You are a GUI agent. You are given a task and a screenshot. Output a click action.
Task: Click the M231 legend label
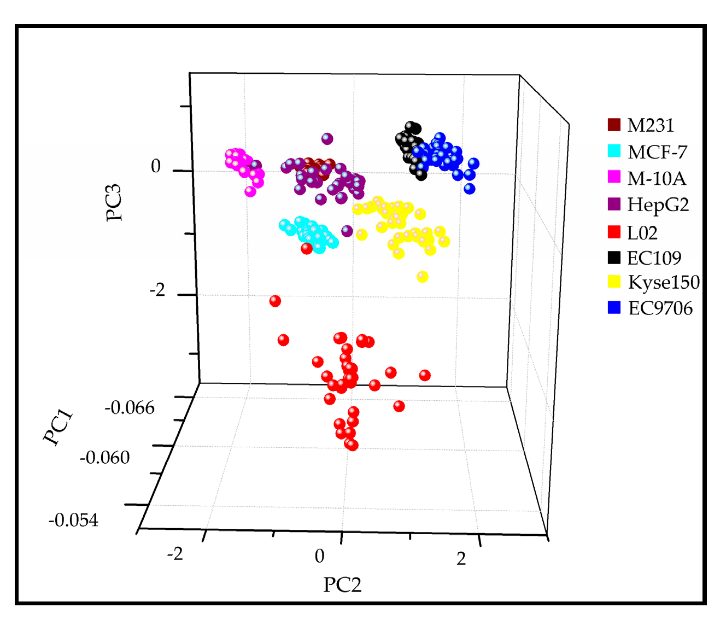[650, 125]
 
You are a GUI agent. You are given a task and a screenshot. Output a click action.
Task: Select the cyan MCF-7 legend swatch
[614, 151]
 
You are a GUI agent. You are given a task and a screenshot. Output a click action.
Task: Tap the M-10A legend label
[656, 178]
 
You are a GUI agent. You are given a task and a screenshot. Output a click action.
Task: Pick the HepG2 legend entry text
[658, 205]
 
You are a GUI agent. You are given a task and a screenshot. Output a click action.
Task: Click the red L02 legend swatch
[614, 232]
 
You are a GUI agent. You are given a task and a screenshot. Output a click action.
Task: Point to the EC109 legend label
[654, 258]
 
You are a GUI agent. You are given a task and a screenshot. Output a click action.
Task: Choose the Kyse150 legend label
[663, 282]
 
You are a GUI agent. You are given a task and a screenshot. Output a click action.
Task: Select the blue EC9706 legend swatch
[614, 307]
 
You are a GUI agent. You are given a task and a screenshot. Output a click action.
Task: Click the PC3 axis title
[114, 202]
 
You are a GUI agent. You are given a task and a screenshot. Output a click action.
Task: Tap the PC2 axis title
[342, 585]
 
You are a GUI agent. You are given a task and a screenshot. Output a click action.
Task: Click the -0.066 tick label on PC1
[130, 407]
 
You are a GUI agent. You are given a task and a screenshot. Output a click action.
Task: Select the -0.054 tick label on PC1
[74, 520]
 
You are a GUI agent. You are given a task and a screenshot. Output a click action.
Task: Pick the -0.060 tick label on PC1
[104, 457]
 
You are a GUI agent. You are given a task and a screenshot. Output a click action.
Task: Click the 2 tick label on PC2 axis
[461, 559]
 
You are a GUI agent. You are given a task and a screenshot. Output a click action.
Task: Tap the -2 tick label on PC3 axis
[157, 290]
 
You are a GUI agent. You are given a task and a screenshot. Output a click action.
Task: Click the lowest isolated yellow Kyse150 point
[422, 277]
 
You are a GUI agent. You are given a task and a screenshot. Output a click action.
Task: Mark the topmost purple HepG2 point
[327, 139]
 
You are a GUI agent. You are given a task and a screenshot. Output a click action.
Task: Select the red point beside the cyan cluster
[307, 248]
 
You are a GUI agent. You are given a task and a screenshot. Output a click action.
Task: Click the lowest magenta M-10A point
[250, 191]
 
